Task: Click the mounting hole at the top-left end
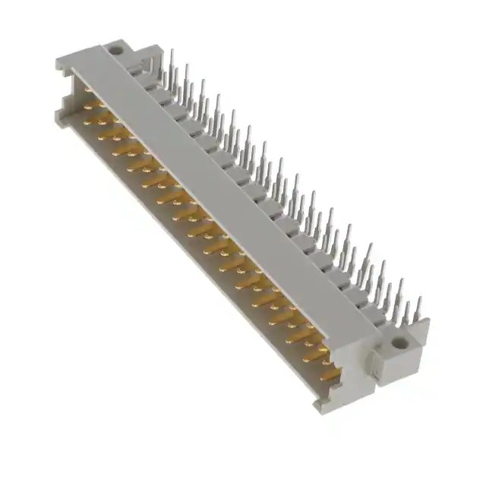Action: [117, 52]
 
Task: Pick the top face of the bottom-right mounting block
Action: [402, 328]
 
